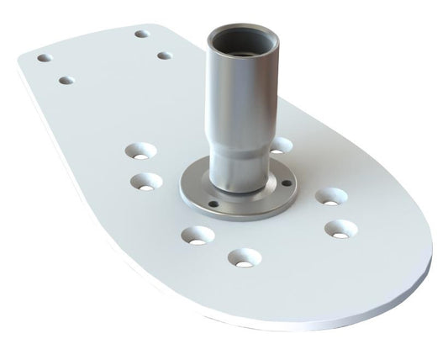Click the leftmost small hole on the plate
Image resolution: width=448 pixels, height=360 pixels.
click(44, 59)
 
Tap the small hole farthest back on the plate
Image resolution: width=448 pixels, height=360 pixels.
click(142, 34)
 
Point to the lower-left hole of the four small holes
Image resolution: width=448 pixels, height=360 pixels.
click(66, 81)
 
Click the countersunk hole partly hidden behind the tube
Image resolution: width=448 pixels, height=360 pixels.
click(281, 145)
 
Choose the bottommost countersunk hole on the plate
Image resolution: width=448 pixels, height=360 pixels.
click(245, 258)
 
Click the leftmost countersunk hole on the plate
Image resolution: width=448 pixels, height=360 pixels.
click(140, 152)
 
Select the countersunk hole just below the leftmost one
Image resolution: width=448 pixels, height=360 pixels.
click(148, 181)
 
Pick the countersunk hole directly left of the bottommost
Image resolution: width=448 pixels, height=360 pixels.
click(196, 235)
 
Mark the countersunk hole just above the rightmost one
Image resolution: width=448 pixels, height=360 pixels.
click(331, 197)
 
